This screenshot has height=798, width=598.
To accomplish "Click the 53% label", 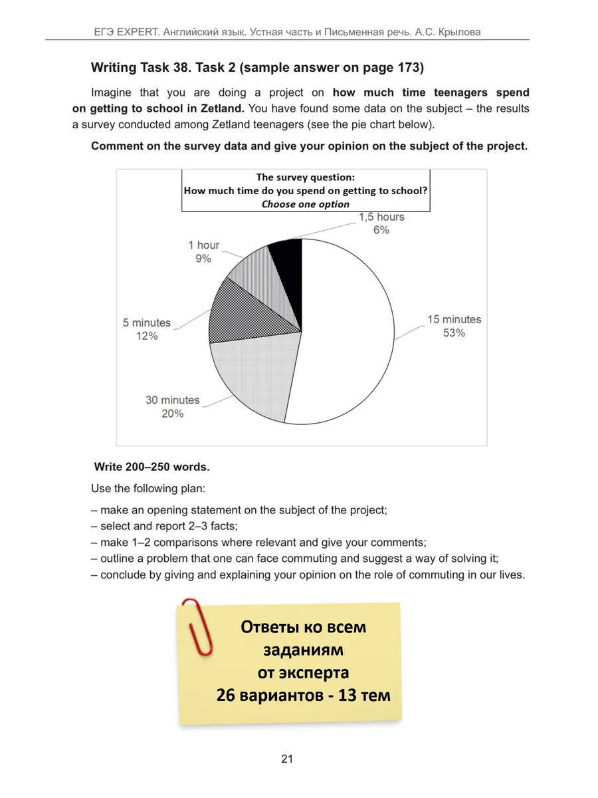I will (x=454, y=333).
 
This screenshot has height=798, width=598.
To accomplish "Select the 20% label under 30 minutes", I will (x=173, y=414).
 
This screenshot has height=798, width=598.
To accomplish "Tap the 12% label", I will (x=146, y=336).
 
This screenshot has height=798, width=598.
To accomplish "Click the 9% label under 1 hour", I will (x=203, y=259).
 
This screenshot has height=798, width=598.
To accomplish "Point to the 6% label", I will (x=381, y=230).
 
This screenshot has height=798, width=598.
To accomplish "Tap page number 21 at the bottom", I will (x=287, y=759).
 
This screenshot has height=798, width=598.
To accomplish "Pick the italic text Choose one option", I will (x=305, y=204).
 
